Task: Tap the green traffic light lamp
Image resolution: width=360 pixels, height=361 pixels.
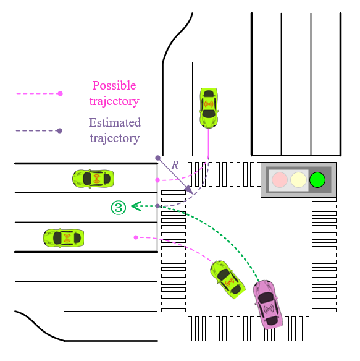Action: point(317,180)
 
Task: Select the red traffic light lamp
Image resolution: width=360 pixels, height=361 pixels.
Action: point(280,180)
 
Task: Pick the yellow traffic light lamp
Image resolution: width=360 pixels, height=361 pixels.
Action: point(299,180)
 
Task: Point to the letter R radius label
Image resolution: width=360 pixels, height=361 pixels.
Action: point(175,166)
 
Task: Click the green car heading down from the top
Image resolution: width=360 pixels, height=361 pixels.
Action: point(209,107)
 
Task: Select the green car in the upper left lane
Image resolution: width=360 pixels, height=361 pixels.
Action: point(93,179)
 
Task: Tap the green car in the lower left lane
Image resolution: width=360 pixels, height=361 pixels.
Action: point(63,237)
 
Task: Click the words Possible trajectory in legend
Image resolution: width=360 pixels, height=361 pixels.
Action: point(114,93)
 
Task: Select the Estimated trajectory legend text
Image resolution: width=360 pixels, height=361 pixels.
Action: point(114,130)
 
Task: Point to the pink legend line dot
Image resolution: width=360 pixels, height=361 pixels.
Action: point(60,94)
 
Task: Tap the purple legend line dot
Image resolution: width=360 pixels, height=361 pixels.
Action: point(60,131)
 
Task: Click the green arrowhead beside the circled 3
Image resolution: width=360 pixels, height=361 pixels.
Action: point(135,206)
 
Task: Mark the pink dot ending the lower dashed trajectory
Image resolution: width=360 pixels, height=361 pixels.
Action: point(135,237)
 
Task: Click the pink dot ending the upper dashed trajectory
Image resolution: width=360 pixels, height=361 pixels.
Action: point(158,180)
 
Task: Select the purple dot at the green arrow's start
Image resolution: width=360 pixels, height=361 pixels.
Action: point(158,206)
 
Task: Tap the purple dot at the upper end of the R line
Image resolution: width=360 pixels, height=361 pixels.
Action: point(157,158)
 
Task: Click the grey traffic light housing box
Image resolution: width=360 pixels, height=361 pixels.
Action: point(298,180)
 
